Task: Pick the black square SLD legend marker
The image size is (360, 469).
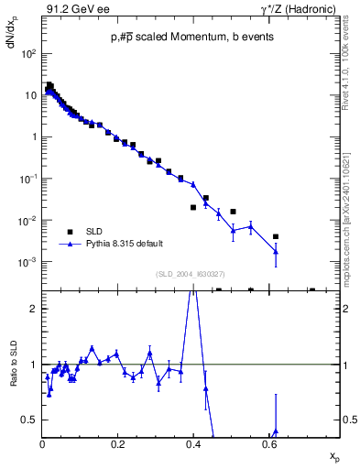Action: click(x=70, y=231)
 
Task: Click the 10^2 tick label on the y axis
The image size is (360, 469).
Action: click(x=29, y=53)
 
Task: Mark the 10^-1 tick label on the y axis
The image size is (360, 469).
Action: click(x=28, y=179)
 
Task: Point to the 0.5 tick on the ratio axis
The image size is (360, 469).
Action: click(x=31, y=420)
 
